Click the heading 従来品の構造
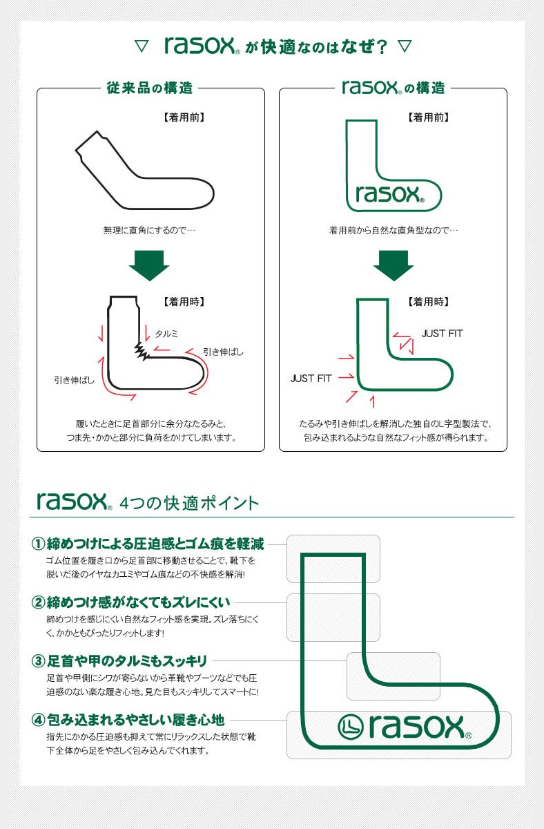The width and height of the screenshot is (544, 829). (x=150, y=88)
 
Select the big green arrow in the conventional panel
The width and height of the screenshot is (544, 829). (x=149, y=265)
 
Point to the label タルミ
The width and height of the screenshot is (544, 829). (x=166, y=333)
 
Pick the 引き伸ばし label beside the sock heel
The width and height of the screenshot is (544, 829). (x=75, y=379)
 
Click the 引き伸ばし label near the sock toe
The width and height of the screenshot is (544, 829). (x=223, y=352)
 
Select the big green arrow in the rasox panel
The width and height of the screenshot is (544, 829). (x=393, y=265)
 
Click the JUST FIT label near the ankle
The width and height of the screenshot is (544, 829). (x=442, y=334)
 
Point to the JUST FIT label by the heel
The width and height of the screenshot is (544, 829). (x=311, y=379)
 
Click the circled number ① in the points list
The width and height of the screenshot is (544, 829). (x=38, y=544)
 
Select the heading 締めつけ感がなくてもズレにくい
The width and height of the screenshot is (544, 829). (x=138, y=602)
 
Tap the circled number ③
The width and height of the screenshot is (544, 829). (x=38, y=661)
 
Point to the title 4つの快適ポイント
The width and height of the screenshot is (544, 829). (x=189, y=502)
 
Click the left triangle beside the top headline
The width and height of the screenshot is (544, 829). (x=141, y=46)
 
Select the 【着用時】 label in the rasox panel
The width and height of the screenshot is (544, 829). (x=428, y=302)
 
